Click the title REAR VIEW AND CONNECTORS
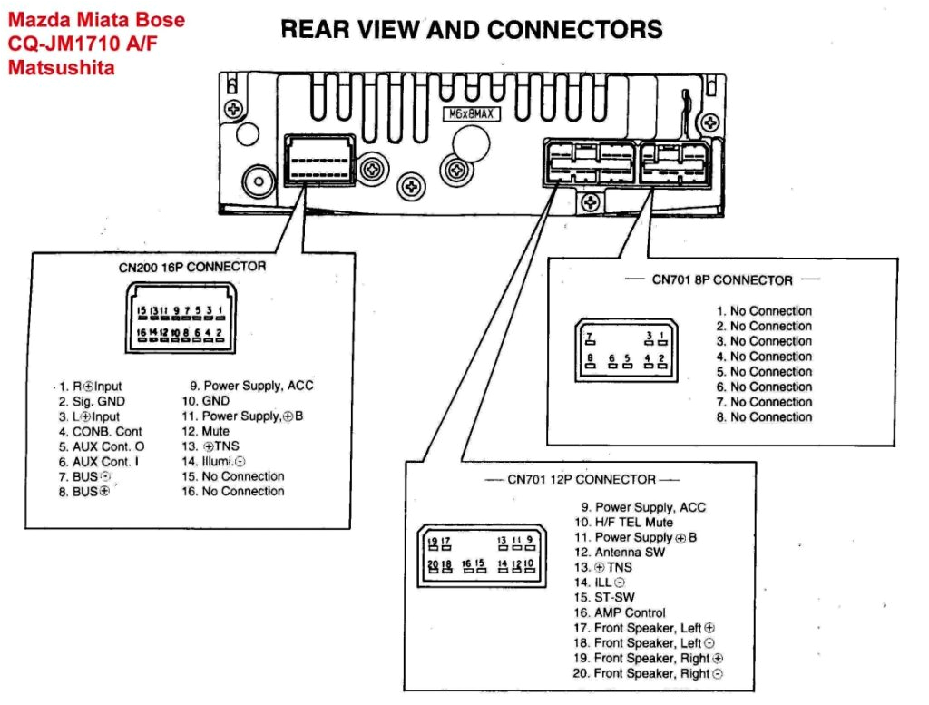(472, 30)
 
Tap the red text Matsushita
(61, 66)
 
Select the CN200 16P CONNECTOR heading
(192, 267)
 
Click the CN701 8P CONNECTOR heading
(722, 280)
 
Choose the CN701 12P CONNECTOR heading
(581, 479)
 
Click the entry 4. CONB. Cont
(101, 431)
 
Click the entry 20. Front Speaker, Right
(648, 673)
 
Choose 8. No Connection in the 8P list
(764, 417)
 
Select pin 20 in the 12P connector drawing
(433, 566)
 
